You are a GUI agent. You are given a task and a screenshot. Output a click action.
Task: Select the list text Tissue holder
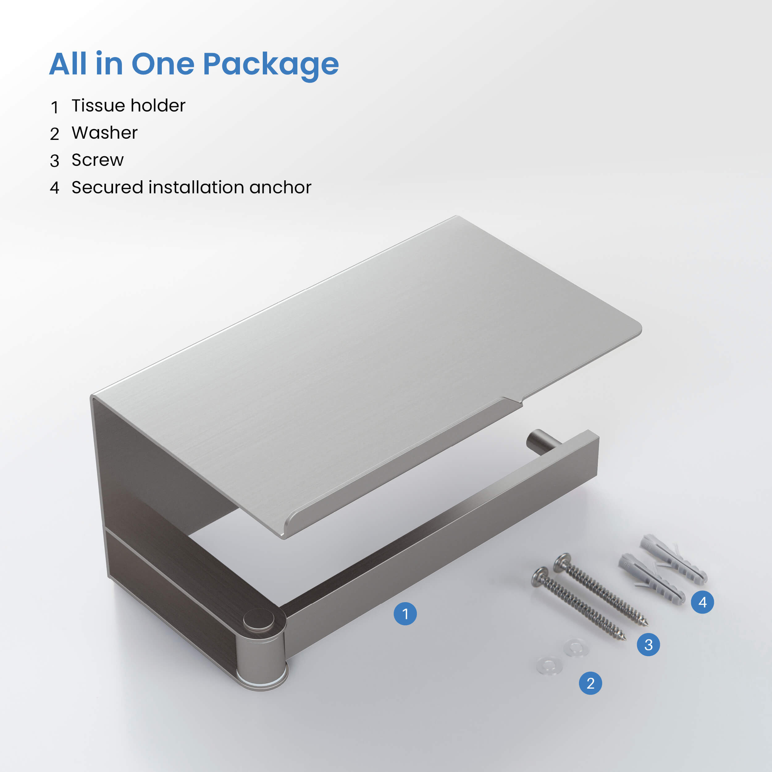point(128,106)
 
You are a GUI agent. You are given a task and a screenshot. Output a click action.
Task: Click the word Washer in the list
point(105,133)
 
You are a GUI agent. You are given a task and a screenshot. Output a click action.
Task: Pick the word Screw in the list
point(98,160)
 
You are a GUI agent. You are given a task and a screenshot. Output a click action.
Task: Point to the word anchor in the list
point(280,187)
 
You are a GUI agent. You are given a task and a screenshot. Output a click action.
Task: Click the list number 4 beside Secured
point(55,188)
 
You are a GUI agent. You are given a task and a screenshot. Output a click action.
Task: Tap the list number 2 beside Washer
point(54,134)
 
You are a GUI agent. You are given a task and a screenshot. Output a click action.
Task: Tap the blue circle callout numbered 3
point(648,644)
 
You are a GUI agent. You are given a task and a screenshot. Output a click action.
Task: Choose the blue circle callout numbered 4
point(703,602)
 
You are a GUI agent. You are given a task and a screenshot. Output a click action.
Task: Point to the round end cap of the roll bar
point(535,442)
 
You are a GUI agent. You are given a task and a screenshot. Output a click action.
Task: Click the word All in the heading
point(68,64)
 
